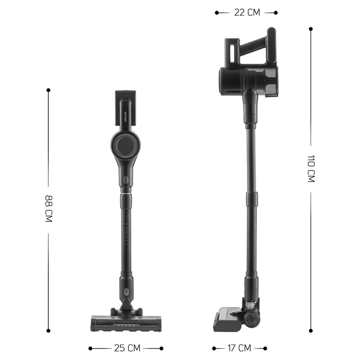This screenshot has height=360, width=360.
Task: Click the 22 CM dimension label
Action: (x=247, y=13)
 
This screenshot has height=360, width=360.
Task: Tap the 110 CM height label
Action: (x=311, y=168)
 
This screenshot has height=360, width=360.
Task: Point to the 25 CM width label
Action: (x=126, y=348)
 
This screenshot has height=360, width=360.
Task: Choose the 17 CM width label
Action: (x=238, y=348)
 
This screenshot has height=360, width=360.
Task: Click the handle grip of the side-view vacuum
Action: (x=256, y=45)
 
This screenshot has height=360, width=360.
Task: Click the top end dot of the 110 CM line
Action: (x=311, y=29)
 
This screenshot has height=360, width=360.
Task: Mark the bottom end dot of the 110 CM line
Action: (x=311, y=331)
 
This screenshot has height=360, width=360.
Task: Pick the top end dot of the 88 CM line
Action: (x=49, y=90)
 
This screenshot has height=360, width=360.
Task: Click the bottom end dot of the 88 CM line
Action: (x=49, y=331)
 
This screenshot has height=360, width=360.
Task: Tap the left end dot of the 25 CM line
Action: (x=90, y=348)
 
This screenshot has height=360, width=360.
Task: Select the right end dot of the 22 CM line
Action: (x=276, y=13)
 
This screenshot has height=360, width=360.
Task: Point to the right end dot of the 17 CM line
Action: (x=265, y=348)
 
